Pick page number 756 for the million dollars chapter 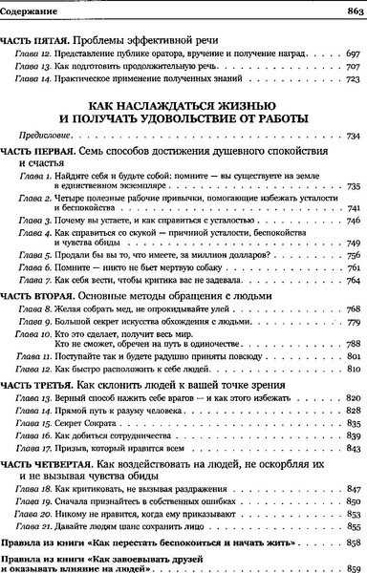pos(350,256)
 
